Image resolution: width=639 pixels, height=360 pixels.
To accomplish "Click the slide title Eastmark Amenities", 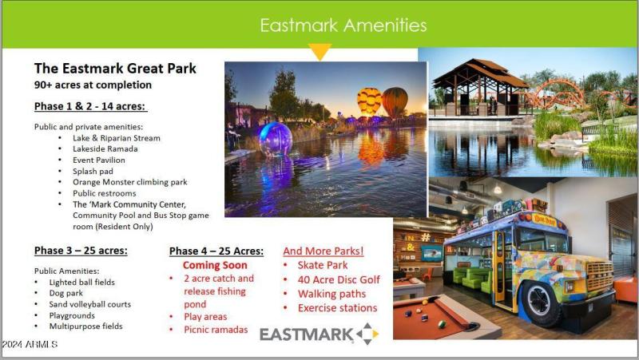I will tap(343, 25).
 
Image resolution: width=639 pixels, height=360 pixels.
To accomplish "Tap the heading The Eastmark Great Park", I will tap(115, 69).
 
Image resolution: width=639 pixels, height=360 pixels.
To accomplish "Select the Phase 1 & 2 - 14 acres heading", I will tap(90, 107).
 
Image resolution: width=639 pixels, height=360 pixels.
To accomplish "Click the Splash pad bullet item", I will tap(94, 171).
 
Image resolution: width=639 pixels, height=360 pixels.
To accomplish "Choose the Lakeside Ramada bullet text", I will tap(105, 148).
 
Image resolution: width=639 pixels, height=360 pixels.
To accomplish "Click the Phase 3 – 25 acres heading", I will tap(81, 251).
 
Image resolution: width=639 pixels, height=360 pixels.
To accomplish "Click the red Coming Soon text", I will tap(215, 265).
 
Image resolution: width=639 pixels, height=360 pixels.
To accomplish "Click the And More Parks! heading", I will tap(323, 251).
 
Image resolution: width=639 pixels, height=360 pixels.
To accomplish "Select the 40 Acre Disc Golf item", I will tap(339, 279).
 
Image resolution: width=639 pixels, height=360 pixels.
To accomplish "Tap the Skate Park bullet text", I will tap(322, 265).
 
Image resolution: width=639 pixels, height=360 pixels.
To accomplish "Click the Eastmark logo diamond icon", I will tap(367, 334).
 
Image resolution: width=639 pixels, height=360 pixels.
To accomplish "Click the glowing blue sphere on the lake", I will tap(276, 138).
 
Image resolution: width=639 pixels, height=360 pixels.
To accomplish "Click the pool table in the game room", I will tap(435, 320).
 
